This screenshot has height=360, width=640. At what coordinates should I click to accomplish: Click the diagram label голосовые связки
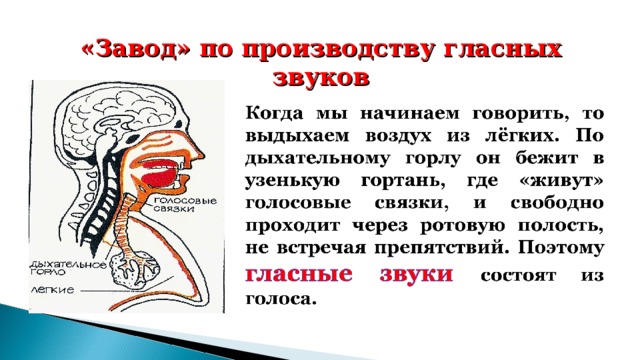pos(186,206)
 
